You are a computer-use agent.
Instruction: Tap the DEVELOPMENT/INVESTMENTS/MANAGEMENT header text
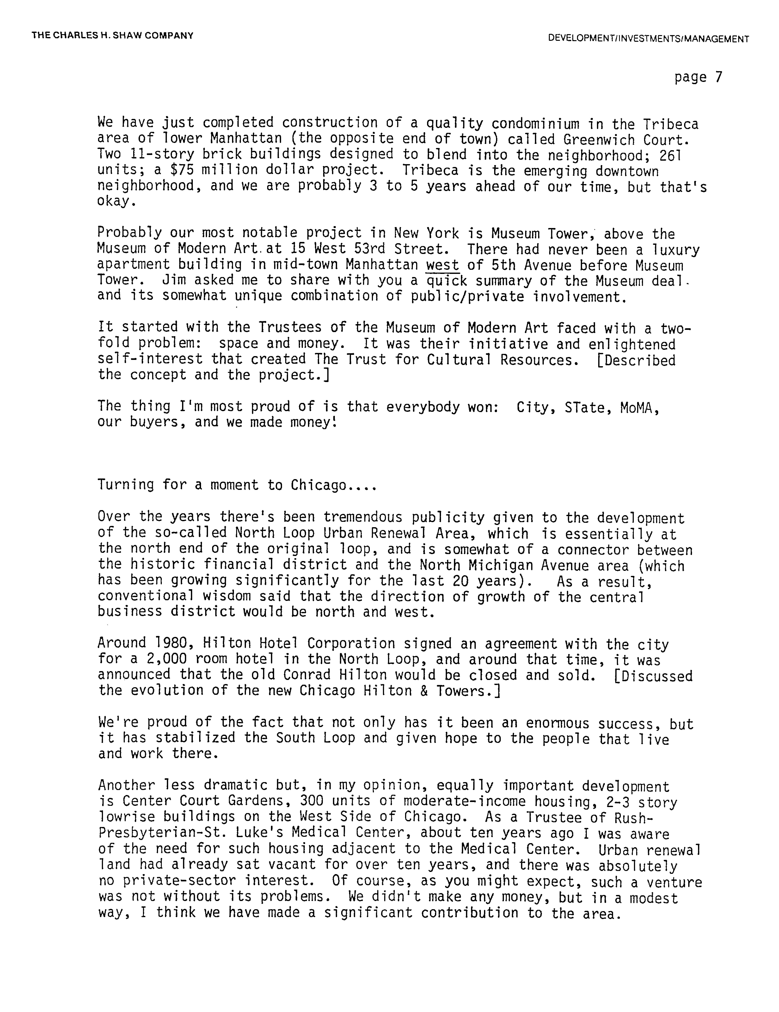pyautogui.click(x=648, y=39)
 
